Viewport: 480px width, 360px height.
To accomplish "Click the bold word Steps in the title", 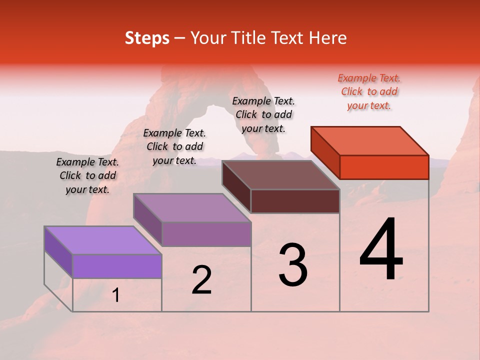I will point(147,38).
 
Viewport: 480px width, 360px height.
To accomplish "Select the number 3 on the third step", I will point(293,265).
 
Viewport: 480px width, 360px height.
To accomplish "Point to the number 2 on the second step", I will point(201,280).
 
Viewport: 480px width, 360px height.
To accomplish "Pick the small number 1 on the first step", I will point(116,295).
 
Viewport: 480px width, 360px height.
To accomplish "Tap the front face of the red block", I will point(384,167).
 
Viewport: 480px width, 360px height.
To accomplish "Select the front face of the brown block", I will point(295,201).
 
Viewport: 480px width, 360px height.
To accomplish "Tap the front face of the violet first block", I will point(117,266).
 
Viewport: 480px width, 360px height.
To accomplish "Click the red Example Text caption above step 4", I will point(369,91).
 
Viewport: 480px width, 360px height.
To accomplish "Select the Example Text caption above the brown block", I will point(263,114).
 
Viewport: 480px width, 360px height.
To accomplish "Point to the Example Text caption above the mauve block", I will point(174,146).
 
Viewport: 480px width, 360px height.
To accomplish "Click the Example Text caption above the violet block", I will point(87,175).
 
